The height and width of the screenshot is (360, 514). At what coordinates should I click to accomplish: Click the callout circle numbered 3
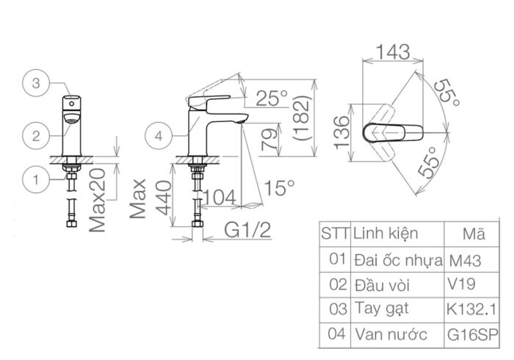pos(36,82)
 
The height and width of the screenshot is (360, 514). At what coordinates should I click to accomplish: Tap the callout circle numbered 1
pos(36,177)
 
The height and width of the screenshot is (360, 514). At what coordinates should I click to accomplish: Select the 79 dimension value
pos(270,137)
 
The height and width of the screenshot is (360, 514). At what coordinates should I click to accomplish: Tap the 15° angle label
pos(278,189)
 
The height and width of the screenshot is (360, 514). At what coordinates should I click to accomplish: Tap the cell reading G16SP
pos(471,334)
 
